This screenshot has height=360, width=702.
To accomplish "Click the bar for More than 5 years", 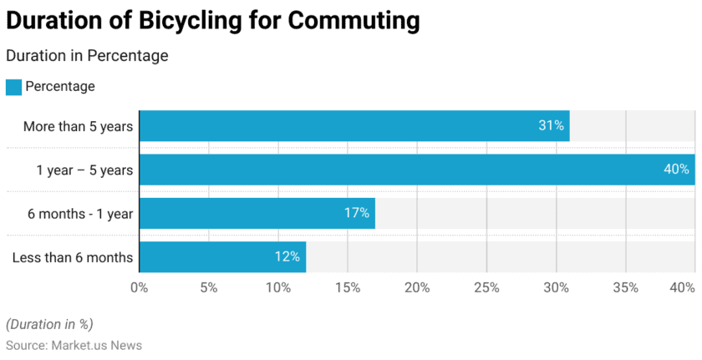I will point(354,126).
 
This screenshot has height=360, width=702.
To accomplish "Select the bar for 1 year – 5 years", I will point(416,170).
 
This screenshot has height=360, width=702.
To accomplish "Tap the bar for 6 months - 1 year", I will point(257,213).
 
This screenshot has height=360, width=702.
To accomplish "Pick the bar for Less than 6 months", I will point(222,256).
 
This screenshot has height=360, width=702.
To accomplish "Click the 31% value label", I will point(551,126).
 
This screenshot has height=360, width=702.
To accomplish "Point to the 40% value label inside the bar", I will point(676,170).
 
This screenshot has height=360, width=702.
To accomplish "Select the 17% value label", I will point(357,213).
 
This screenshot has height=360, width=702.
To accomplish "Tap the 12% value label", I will point(287,256).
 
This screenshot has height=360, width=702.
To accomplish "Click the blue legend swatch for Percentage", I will point(13,87).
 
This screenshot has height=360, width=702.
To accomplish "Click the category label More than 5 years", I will point(78,126).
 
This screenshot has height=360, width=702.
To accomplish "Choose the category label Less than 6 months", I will point(73,257).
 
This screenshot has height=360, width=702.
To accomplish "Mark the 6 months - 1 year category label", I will point(80,214).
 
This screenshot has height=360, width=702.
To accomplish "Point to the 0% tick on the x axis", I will point(139,287).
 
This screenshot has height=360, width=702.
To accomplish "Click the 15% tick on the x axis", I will point(348,287).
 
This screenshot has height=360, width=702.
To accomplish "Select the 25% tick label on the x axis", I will point(486,287).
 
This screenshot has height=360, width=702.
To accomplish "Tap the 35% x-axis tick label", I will point(625,287).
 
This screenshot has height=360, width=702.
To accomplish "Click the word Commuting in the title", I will point(354,20).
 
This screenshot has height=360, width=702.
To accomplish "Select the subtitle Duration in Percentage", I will point(87,56).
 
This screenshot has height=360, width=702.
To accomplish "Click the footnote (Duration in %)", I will point(49,324).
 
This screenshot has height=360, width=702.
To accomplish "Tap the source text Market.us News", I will point(96,345).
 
